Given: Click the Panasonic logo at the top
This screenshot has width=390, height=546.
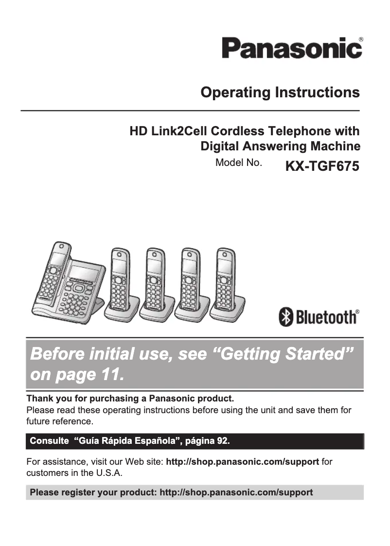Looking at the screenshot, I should click(292, 49).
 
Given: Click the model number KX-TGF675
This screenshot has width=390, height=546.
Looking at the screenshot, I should click(322, 166).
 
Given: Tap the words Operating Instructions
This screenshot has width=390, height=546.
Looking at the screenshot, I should click(280, 92).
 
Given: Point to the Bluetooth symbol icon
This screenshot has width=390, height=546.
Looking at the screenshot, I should click(286, 317).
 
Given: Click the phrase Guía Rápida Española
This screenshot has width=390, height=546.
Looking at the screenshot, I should click(124, 441).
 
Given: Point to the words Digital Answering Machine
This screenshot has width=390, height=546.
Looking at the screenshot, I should click(280, 146).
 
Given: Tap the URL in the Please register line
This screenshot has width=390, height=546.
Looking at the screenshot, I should click(236, 492).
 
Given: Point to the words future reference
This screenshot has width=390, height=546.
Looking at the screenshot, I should click(59, 421).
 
